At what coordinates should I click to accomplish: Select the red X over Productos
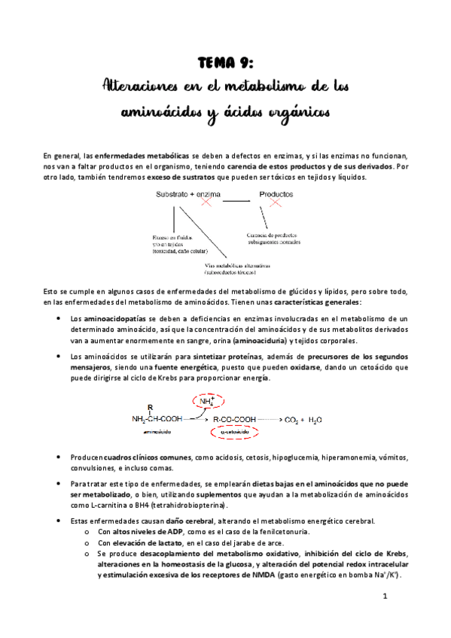pyautogui.click(x=276, y=202)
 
